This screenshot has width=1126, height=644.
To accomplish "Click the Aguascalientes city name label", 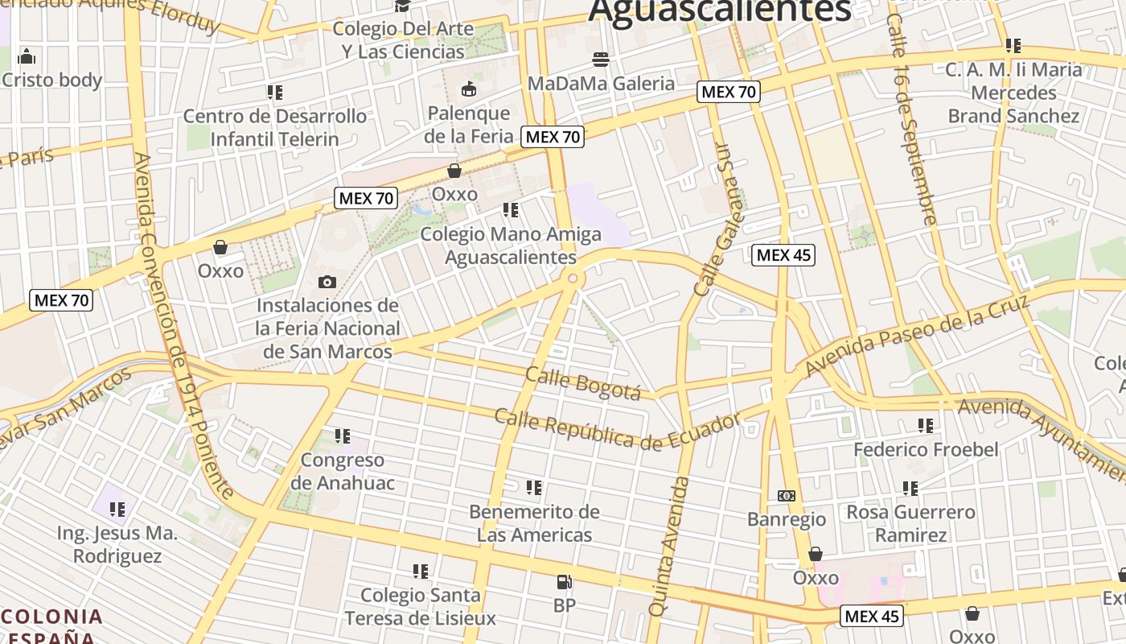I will [719, 11].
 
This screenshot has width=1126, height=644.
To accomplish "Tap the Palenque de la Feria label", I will [469, 125].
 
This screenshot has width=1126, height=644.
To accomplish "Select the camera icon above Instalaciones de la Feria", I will [327, 282].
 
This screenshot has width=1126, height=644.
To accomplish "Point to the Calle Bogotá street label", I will [583, 382].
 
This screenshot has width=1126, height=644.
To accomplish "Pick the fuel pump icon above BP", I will [565, 581].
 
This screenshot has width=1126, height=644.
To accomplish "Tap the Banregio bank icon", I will [787, 496].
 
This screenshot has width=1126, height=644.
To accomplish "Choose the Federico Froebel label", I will [926, 449].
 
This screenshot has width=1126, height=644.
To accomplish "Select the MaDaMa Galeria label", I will [601, 83].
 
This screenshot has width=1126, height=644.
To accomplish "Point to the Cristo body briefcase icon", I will [27, 56].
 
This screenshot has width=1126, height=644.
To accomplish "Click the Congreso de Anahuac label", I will [343, 471].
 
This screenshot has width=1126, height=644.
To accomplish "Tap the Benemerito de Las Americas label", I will [534, 523].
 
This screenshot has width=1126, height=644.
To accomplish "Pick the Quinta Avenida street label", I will [669, 547].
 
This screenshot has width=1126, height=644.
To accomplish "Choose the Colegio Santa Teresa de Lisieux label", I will [420, 606].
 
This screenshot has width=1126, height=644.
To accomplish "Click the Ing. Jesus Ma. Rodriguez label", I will [117, 544].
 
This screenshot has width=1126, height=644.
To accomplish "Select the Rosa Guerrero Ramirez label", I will [910, 523].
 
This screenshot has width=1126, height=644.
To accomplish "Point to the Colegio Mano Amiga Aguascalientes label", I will [511, 246].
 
